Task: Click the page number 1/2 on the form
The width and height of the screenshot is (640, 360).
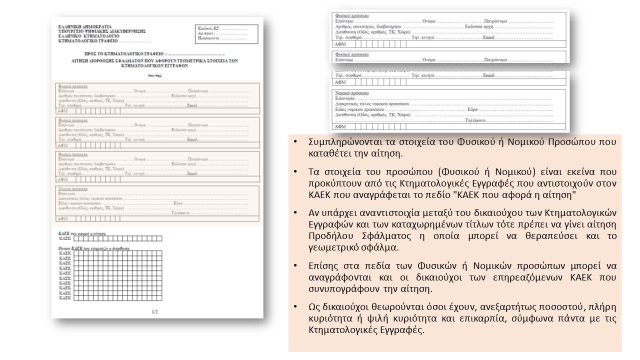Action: tap(154, 312)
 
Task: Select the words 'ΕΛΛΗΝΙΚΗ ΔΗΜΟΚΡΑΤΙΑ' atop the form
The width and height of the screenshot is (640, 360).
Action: tap(85, 26)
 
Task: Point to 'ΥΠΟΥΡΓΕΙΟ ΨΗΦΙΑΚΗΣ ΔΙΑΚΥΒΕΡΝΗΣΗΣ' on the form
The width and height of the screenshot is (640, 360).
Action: tap(102, 31)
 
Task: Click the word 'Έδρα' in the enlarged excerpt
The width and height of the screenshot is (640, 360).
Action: tap(472, 109)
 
